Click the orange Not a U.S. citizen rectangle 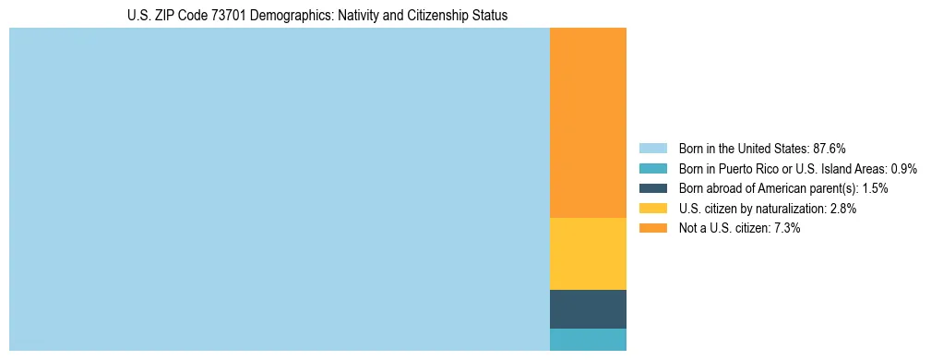[588, 123]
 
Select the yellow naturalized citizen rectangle [588, 254]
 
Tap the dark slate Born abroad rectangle [588, 309]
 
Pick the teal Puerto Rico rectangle [588, 340]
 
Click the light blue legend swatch [652, 148]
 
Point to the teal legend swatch [652, 168]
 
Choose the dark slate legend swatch [652, 188]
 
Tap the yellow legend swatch [652, 209]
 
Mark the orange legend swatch [652, 228]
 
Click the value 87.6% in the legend [830, 148]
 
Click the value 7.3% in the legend [786, 228]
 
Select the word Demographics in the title [298, 16]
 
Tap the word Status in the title [489, 16]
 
